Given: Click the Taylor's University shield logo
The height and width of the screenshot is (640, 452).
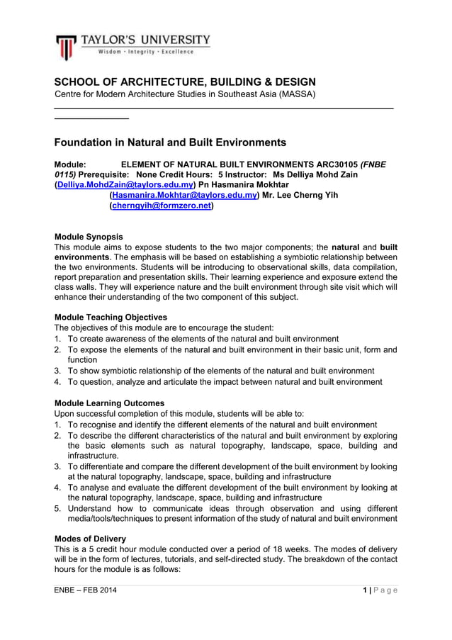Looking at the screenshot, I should click(66, 47).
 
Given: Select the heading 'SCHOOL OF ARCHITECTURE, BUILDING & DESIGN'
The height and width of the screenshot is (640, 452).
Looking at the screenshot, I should click(185, 82).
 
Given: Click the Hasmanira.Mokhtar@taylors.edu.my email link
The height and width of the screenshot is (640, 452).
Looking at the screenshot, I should click(184, 196).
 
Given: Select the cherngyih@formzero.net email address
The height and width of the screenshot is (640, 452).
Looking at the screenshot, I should click(162, 206).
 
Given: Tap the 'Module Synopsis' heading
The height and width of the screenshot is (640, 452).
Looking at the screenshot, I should click(89, 237).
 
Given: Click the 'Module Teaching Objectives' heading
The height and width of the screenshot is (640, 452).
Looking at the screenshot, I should click(111, 318).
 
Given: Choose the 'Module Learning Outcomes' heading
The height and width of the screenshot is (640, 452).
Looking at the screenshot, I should click(109, 403).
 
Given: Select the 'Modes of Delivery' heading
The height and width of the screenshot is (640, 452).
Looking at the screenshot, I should click(90, 539).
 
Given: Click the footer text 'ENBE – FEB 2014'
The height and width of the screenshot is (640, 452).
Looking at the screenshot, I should click(86, 590).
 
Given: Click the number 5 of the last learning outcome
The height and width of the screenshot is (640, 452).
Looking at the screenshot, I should click(57, 509).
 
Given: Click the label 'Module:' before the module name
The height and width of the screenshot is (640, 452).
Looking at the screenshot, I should click(70, 164).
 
